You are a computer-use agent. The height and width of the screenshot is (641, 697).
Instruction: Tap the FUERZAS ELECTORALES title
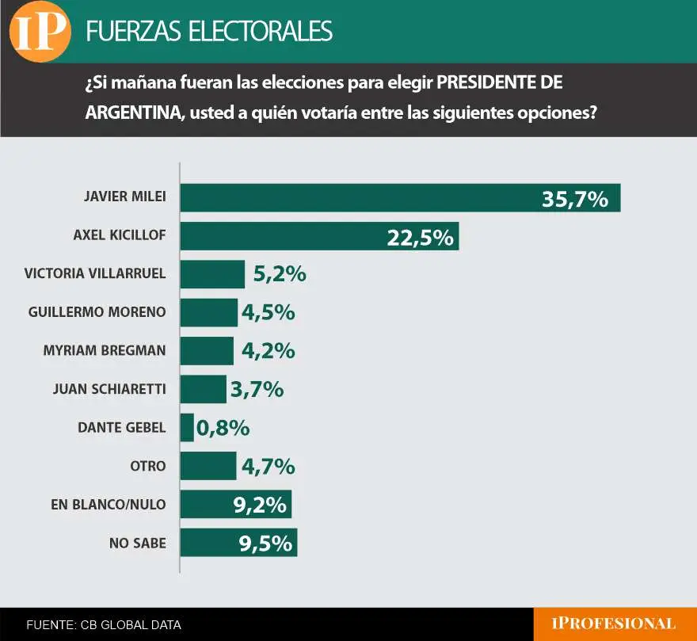point(208,31)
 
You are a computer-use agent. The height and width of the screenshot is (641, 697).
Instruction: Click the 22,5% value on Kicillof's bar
point(420,237)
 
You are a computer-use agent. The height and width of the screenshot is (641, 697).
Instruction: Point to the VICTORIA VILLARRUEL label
point(95,274)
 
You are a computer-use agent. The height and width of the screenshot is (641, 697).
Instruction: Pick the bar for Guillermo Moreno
point(209,312)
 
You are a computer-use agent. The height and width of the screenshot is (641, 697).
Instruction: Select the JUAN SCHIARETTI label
point(109,389)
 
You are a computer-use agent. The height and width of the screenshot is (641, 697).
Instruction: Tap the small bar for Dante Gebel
point(187,428)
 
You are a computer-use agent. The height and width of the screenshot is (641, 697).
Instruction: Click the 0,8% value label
point(223,428)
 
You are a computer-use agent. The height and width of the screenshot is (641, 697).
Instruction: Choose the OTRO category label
point(148,466)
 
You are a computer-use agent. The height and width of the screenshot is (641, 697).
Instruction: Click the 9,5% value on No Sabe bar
point(266,543)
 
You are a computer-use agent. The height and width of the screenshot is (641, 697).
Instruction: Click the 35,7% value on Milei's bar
point(574,199)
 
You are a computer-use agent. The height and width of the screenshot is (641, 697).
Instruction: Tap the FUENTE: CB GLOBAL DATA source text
point(104,625)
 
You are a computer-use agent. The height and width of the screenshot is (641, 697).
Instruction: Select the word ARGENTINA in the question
point(131,113)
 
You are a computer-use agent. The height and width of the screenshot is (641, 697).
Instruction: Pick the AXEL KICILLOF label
point(119,235)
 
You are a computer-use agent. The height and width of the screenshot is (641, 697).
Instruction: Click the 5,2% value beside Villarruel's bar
point(279,274)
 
